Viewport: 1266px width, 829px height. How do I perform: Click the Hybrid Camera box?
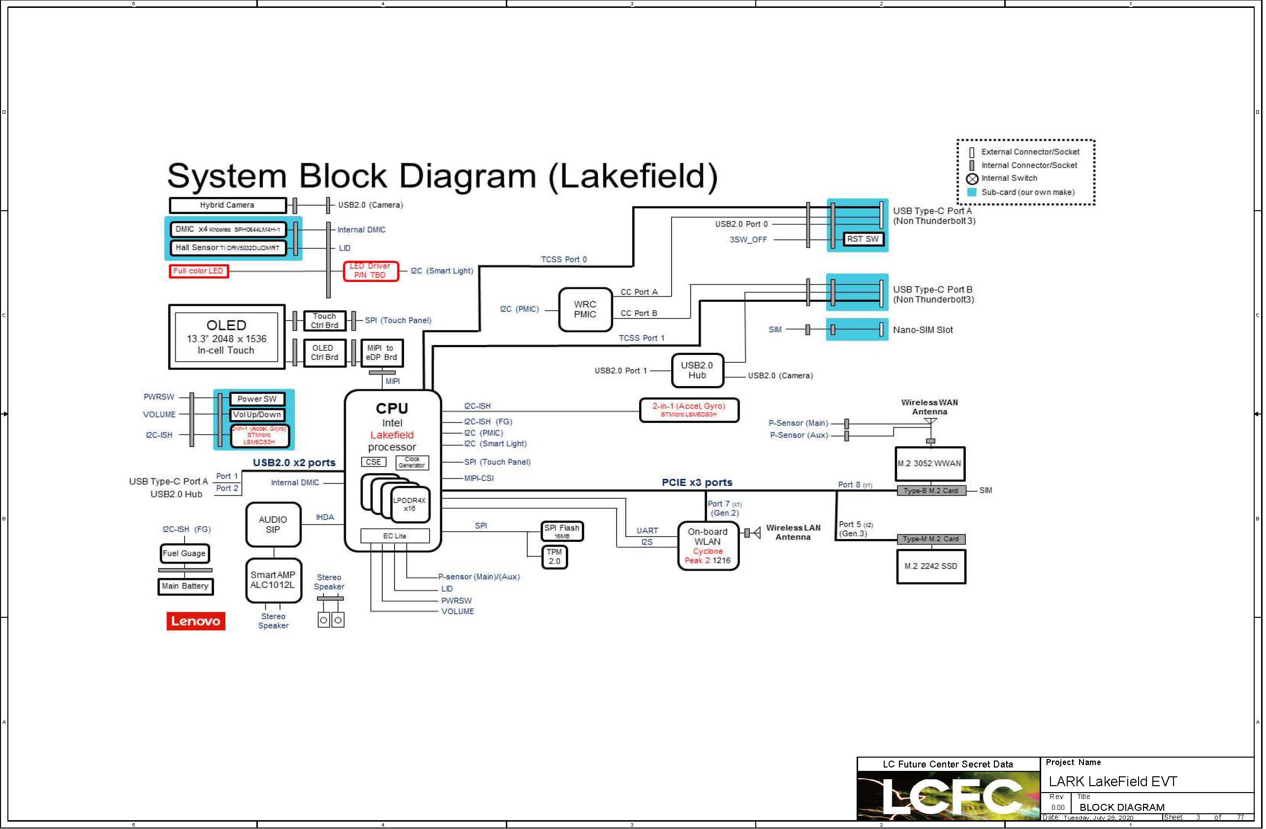pyautogui.click(x=228, y=205)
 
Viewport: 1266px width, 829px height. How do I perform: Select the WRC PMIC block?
pyautogui.click(x=586, y=310)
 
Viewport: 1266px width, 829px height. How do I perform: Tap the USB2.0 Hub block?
pyautogui.click(x=697, y=370)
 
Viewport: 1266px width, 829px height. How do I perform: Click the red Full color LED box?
pyautogui.click(x=198, y=271)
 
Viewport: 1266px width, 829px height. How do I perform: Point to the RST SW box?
pyautogui.click(x=864, y=239)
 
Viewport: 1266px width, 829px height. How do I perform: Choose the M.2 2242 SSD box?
pyautogui.click(x=931, y=567)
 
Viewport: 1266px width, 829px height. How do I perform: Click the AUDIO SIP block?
pyautogui.click(x=274, y=525)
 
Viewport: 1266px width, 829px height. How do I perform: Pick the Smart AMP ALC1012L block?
pyautogui.click(x=274, y=580)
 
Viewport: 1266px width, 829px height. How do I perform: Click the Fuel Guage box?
pyautogui.click(x=185, y=554)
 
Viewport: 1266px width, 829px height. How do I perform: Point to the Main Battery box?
pyautogui.click(x=185, y=586)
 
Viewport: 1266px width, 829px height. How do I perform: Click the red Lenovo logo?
pyautogui.click(x=196, y=621)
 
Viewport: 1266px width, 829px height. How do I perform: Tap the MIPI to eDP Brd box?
pyautogui.click(x=382, y=353)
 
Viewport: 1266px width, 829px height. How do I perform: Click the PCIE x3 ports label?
pyautogui.click(x=697, y=482)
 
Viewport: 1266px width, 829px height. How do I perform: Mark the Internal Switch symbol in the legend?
pyautogui.click(x=972, y=179)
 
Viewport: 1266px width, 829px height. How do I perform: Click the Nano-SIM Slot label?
pyautogui.click(x=924, y=330)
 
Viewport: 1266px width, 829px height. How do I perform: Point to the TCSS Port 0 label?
pyautogui.click(x=564, y=259)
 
